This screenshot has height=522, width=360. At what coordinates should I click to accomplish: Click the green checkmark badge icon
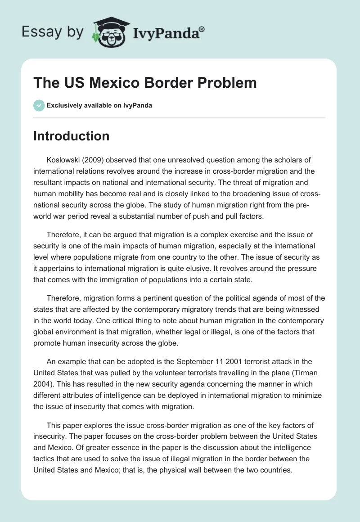[x=39, y=105]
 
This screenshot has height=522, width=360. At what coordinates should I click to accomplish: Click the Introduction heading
[x=71, y=136]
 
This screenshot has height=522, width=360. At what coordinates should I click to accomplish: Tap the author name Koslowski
[x=64, y=160]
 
